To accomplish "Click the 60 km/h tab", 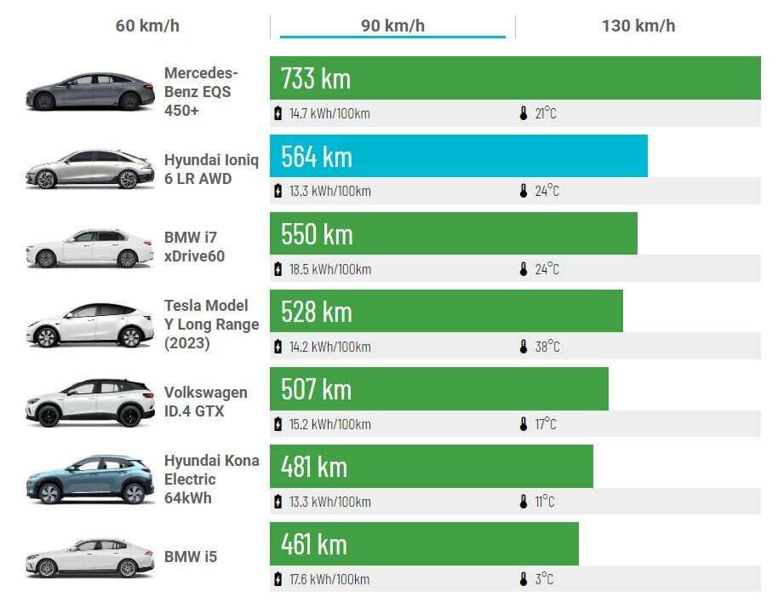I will click(x=147, y=26).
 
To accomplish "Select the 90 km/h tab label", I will click(x=392, y=26).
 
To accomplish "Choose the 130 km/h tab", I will click(x=638, y=26).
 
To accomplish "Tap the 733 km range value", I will click(x=316, y=78).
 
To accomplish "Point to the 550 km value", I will click(x=317, y=234).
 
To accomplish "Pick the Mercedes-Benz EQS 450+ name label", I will click(x=201, y=92).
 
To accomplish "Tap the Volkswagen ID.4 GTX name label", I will click(x=206, y=401).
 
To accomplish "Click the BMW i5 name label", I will click(x=191, y=557).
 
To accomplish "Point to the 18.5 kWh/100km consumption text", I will click(x=329, y=269).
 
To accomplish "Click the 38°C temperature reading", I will click(x=547, y=347).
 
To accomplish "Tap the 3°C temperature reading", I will click(x=544, y=579).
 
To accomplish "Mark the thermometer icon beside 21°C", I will click(x=524, y=113).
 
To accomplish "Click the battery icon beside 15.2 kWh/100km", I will click(x=278, y=424).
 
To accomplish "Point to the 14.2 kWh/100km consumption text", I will click(x=329, y=347).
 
